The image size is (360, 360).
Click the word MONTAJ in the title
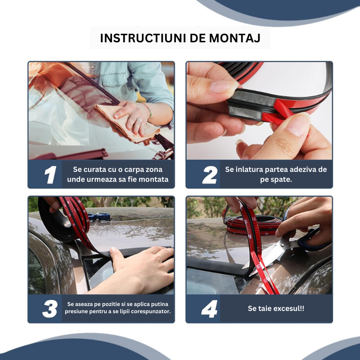235,38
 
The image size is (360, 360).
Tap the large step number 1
50,175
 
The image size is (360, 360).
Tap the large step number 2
210,175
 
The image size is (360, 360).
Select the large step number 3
50,309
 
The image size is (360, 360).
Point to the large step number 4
209,309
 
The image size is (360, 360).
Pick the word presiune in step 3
76,311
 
